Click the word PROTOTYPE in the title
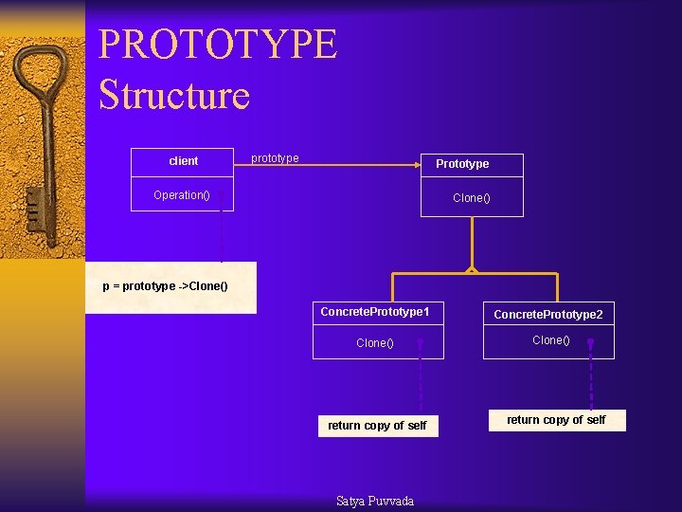pyautogui.click(x=218, y=45)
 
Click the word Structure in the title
pyautogui.click(x=174, y=95)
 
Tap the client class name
pyautogui.click(x=183, y=161)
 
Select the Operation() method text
pyautogui.click(x=182, y=195)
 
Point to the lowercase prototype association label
pyautogui.click(x=275, y=158)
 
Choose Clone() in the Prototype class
pyautogui.click(x=472, y=198)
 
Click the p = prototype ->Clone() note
pyautogui.click(x=166, y=286)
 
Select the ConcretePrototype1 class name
pyautogui.click(x=375, y=312)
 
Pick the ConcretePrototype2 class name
pyautogui.click(x=548, y=314)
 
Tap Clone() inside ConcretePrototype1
pyautogui.click(x=375, y=343)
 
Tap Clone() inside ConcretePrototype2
pyautogui.click(x=551, y=340)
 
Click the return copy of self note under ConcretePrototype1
pyautogui.click(x=377, y=426)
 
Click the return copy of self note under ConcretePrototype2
pyautogui.click(x=556, y=420)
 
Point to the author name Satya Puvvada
pyautogui.click(x=375, y=501)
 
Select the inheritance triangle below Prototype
pyautogui.click(x=472, y=270)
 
